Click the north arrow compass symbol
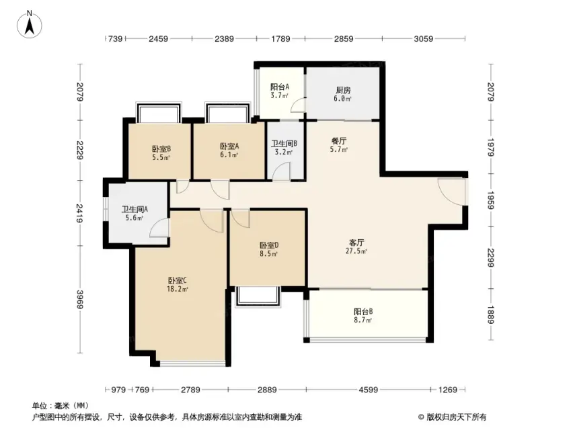[30, 25]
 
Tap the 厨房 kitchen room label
[344, 90]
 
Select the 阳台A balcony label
[280, 87]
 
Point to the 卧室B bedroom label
[161, 149]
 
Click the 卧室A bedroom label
[229, 146]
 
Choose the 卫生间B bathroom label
[284, 143]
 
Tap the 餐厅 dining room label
[339, 141]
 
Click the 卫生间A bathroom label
[135, 209]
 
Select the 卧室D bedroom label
[269, 245]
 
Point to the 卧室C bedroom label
[178, 281]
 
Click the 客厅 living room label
[356, 243]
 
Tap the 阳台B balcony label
[363, 312]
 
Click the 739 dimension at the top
[116, 38]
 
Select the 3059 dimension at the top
[424, 38]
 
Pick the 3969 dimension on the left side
[80, 299]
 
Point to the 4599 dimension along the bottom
[368, 390]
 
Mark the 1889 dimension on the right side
[490, 315]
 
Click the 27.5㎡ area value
[356, 251]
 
